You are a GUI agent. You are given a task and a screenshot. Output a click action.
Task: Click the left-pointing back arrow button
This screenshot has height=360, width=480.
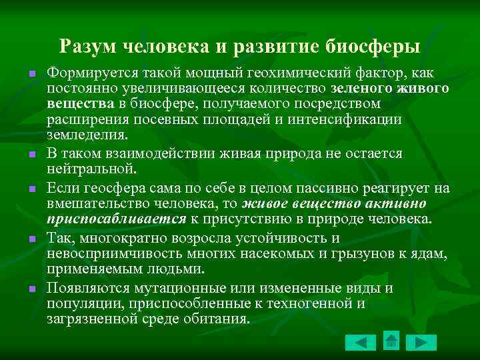pyautogui.click(x=361, y=342)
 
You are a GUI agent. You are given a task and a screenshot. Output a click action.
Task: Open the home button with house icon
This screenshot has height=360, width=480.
pyautogui.click(x=391, y=341)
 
